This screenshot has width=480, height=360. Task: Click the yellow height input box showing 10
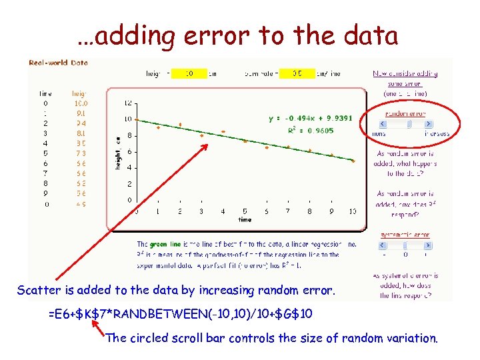(x=189, y=73)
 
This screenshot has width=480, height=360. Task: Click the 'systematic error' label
(x=405, y=235)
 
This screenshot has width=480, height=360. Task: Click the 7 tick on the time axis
(x=288, y=211)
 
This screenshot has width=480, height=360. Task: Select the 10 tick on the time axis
(x=352, y=211)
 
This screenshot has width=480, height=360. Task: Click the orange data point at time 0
(x=137, y=119)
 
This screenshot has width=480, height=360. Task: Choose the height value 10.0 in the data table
(x=81, y=103)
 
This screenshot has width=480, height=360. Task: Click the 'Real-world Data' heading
(x=59, y=63)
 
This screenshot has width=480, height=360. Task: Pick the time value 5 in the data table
(x=45, y=153)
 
